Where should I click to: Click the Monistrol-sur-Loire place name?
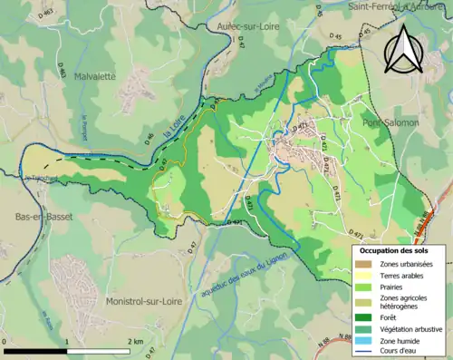[x=145, y=300]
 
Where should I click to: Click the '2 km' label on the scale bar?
[x=137, y=341]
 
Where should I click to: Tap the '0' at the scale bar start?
[x=5, y=341]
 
